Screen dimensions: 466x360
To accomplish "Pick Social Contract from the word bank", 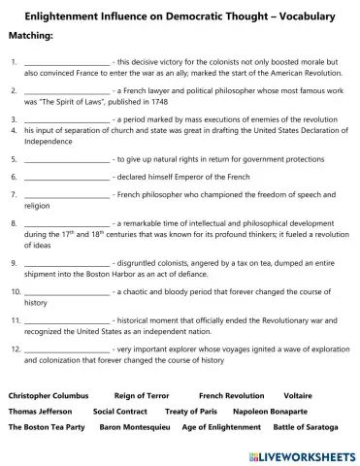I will (120, 411).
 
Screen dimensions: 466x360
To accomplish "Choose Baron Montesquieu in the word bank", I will (136, 426).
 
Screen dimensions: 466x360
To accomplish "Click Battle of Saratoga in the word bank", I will (306, 426).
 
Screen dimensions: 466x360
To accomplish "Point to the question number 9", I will (13, 262).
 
